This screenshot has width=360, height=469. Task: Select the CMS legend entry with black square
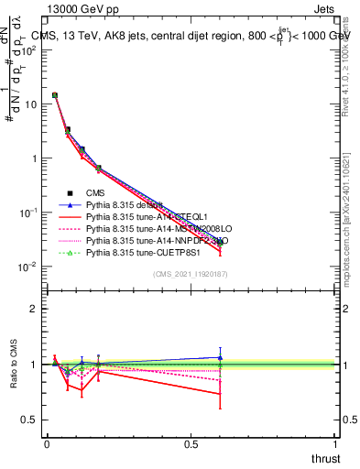click(95, 192)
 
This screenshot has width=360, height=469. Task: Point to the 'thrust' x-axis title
click(324, 458)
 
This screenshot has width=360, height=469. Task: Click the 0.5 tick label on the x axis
click(191, 443)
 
